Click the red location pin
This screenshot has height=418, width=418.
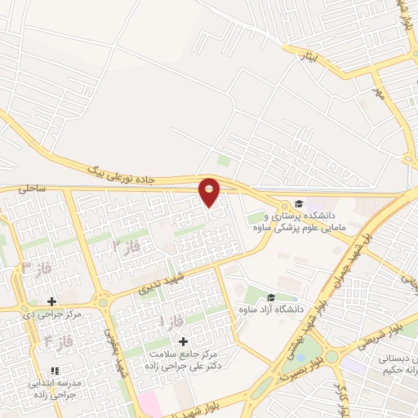point(210,191)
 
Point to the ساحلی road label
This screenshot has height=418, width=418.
point(33,188)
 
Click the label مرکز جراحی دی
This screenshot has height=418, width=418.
point(51,313)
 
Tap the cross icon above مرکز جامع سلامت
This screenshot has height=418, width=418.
point(182,340)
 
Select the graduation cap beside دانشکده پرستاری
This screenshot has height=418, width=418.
point(298,203)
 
